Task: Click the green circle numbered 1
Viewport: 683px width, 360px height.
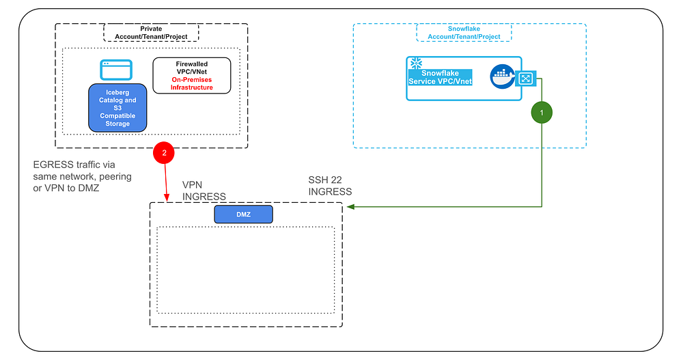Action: (542, 111)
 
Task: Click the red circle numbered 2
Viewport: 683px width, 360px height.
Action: (165, 152)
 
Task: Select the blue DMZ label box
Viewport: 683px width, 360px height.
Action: (243, 214)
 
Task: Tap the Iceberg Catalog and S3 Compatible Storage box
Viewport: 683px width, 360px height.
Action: (117, 107)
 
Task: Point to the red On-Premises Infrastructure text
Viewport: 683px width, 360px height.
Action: (191, 83)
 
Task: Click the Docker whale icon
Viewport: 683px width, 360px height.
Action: (503, 77)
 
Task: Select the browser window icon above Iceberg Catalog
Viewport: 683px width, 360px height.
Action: (115, 70)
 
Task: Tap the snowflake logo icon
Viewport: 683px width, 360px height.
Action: (413, 64)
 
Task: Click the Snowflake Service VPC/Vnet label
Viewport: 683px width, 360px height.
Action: (441, 77)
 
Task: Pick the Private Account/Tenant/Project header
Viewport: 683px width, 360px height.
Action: (151, 32)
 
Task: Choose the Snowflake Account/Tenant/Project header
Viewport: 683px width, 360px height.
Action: (464, 32)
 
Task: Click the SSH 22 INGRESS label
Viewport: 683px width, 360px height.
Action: (330, 186)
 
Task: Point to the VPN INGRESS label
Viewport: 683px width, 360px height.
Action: (204, 191)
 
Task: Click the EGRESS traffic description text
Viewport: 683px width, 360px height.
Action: (82, 176)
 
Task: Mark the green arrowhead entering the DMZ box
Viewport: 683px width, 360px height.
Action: (348, 206)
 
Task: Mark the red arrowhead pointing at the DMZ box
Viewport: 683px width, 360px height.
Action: (167, 199)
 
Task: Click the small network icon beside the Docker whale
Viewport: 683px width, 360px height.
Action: (525, 79)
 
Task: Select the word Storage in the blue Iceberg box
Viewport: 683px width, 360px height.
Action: (117, 124)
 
